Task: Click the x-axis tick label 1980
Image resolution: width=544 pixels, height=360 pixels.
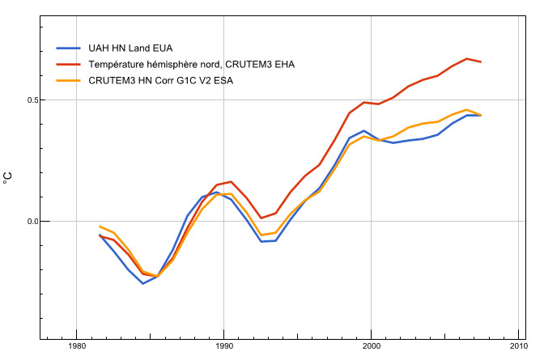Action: [76, 346]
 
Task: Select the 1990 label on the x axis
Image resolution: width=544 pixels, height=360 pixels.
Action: [223, 346]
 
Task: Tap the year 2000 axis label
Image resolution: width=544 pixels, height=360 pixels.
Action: [372, 346]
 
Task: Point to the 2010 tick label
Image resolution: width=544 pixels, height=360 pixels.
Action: [519, 346]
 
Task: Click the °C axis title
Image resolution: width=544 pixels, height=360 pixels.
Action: [7, 178]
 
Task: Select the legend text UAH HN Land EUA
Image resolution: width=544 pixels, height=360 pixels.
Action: [130, 49]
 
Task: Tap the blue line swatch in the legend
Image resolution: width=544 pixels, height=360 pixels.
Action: [68, 49]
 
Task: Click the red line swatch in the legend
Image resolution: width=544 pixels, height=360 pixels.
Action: [68, 65]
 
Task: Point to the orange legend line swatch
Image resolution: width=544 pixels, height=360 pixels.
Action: [68, 81]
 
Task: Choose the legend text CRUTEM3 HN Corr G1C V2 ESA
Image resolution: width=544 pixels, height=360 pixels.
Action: [160, 81]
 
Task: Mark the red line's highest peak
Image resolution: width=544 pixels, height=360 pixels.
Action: [466, 58]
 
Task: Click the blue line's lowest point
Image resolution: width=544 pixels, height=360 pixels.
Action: [143, 284]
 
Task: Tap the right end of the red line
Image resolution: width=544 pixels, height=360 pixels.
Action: [481, 61]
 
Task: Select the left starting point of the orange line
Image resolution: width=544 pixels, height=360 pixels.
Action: [100, 227]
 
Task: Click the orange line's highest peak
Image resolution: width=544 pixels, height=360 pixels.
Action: [466, 109]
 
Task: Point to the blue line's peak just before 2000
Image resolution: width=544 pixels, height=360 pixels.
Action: [364, 131]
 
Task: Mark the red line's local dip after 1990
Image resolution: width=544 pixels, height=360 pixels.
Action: [261, 218]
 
